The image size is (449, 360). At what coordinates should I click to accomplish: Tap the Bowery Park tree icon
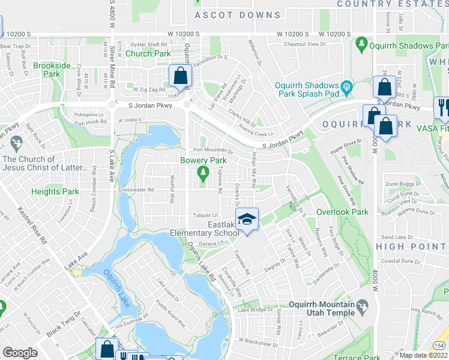coord(203,173)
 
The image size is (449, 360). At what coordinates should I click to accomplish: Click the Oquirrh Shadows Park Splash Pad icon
coord(346,89)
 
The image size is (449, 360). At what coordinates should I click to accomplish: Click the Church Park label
coord(148,53)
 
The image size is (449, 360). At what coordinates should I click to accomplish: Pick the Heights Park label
coord(55,191)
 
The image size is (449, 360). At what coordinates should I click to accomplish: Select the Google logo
coord(20,352)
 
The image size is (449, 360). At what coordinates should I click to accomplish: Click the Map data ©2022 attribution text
coord(424,355)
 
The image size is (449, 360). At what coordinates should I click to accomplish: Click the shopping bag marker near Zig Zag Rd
coord(180,76)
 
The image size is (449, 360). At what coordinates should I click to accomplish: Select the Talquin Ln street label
coord(205,215)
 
